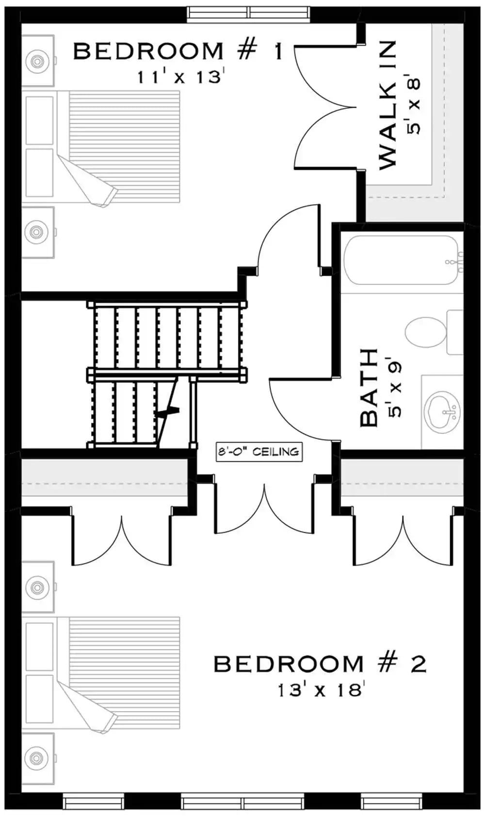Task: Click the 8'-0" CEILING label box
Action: tap(259, 452)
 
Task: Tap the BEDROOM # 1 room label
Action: tap(178, 51)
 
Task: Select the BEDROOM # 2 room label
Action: tap(320, 664)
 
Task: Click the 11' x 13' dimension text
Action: tap(179, 77)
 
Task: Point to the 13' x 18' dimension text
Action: tap(320, 689)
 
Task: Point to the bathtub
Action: tap(401, 261)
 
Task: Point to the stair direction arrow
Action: tap(167, 412)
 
